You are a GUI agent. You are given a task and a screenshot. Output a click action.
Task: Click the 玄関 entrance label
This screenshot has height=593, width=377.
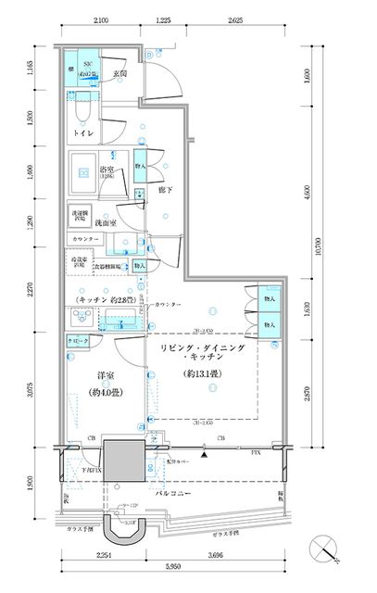[x=119, y=75]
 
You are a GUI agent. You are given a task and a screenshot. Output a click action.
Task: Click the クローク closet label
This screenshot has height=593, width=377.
[x=78, y=341]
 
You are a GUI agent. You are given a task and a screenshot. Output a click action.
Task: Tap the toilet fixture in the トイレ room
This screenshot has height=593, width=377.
[x=82, y=109]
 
